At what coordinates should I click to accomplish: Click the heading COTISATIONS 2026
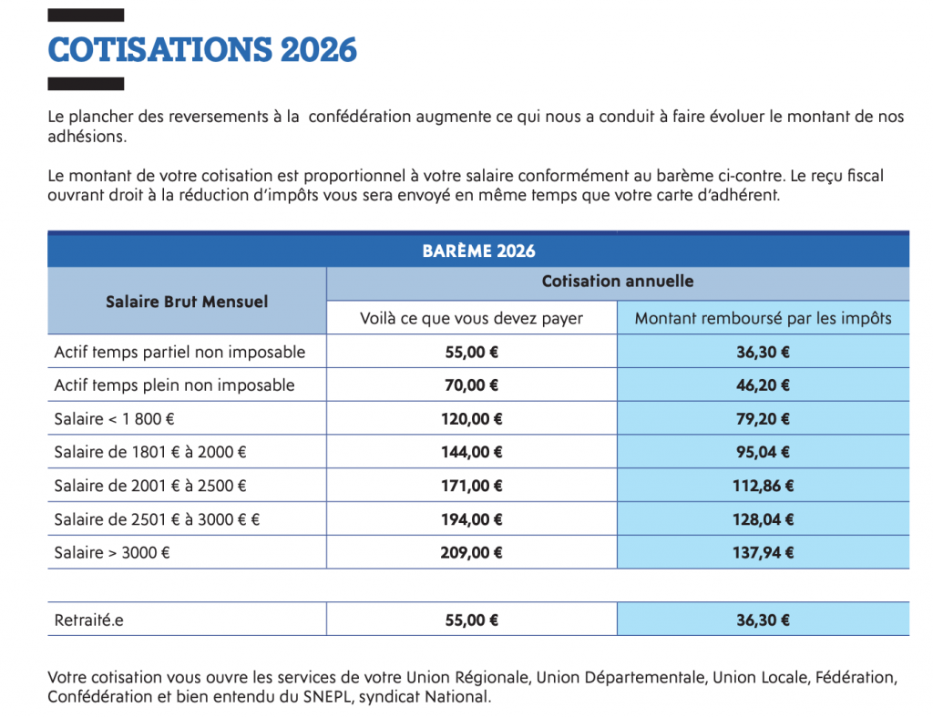202,49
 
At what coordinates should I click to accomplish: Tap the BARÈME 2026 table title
478,251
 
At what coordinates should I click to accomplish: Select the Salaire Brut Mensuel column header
187,301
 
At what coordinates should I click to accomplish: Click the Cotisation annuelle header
617,282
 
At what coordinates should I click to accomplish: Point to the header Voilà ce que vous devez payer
471,318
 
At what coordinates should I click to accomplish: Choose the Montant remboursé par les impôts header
763,318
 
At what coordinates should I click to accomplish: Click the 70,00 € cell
471,385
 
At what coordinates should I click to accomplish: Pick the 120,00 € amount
471,419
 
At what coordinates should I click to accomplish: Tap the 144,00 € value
471,452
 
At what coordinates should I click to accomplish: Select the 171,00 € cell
471,486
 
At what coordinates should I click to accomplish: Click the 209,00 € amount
471,552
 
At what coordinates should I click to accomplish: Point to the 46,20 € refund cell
763,385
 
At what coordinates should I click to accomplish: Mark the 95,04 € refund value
763,452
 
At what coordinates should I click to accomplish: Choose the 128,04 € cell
763,519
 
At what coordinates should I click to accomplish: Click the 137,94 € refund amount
763,552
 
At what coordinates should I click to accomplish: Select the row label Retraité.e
88,621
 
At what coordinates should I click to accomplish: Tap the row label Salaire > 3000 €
112,552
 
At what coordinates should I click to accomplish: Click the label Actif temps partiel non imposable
179,352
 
